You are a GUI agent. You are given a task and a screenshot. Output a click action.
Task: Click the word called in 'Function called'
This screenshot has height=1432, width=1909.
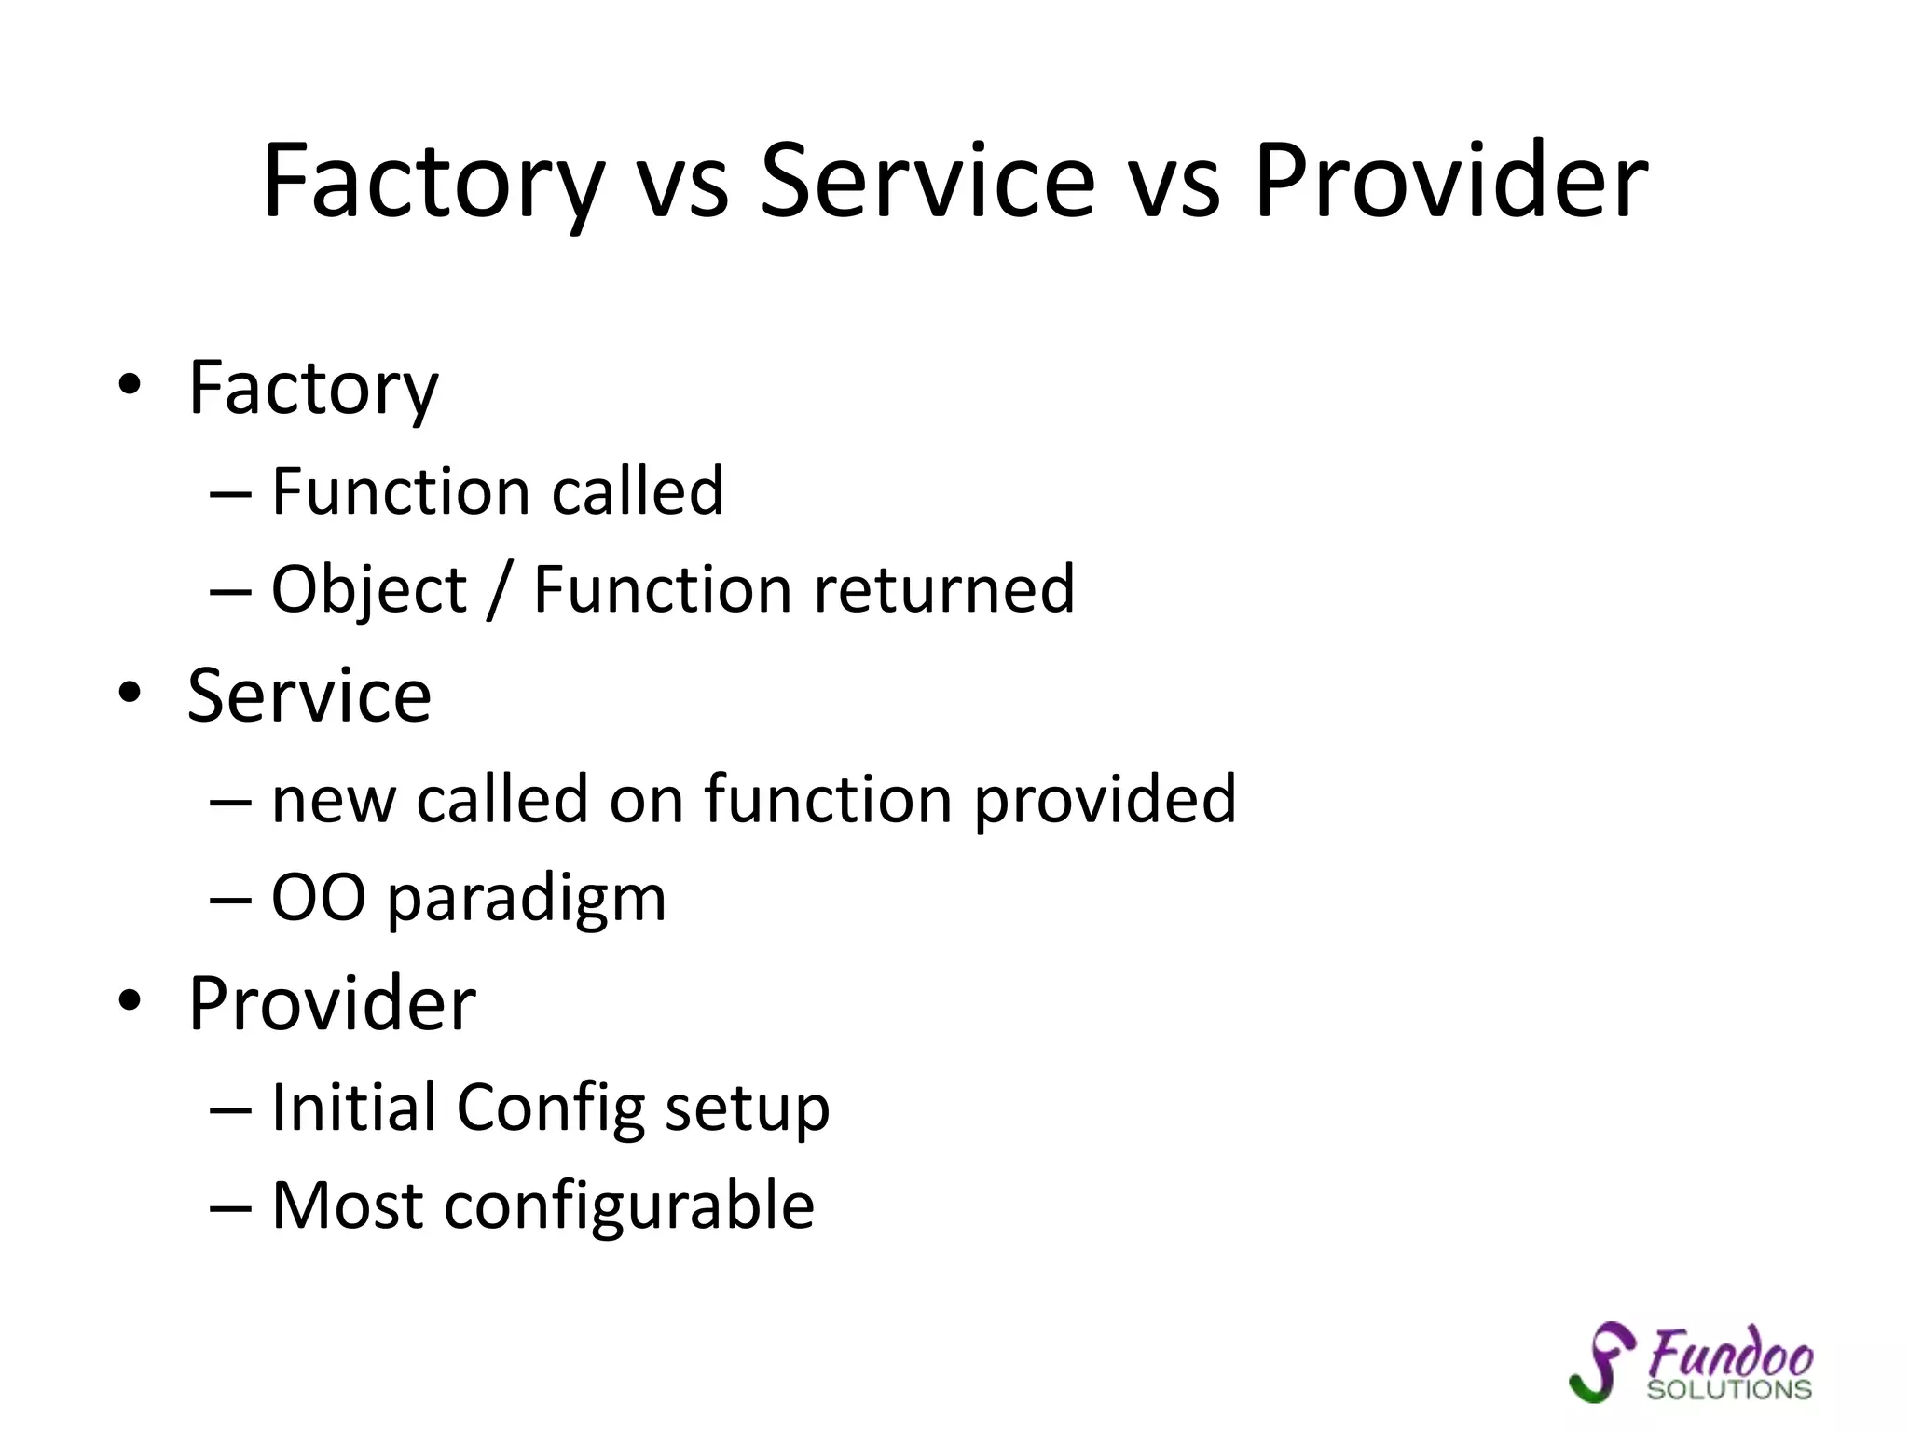pos(638,491)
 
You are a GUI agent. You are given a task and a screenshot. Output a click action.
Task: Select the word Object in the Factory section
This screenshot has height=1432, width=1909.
pos(369,590)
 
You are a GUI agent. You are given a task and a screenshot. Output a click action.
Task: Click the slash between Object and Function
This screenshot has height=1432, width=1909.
pos(500,590)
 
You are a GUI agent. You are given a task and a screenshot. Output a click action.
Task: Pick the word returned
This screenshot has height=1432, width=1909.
pos(945,590)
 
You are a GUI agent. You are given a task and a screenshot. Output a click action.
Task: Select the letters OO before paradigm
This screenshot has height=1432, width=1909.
pos(318,899)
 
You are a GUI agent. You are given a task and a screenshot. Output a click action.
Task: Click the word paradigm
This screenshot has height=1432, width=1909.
pos(527,901)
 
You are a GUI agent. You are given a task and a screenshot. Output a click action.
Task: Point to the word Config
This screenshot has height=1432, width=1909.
pos(551,1109)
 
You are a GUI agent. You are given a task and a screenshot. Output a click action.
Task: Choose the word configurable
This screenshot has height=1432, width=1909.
pos(629,1206)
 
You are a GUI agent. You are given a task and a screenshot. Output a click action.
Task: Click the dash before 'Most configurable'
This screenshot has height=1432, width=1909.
pos(230,1208)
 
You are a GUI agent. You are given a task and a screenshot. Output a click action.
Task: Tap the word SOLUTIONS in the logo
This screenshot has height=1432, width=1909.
pos(1729,1389)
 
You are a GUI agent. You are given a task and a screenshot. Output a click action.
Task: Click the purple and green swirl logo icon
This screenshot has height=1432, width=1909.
pos(1600,1361)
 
